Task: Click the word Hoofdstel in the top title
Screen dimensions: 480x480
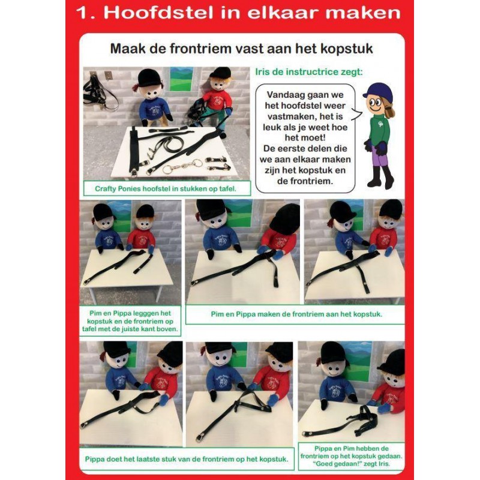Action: point(146,13)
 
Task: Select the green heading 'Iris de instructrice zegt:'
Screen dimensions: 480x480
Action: point(308,73)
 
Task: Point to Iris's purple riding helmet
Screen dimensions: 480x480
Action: point(377,92)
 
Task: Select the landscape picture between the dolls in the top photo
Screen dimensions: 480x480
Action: point(182,79)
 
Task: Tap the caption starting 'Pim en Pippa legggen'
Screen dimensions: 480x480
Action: point(130,321)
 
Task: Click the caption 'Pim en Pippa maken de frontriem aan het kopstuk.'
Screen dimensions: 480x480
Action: point(296,314)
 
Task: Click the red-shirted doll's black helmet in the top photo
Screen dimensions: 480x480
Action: point(220,73)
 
